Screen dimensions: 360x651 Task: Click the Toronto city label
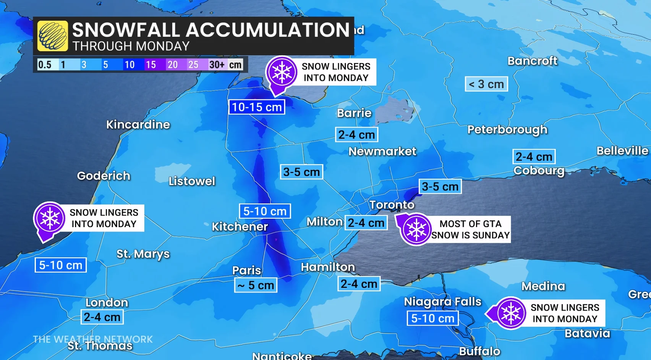392,205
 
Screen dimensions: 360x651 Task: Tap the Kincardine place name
138,124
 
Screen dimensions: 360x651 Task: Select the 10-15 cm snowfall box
257,107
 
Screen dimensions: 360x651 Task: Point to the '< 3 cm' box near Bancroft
486,84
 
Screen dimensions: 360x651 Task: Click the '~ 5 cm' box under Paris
256,285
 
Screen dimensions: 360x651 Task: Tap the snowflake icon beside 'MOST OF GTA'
416,229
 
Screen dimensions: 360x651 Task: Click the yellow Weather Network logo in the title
53,36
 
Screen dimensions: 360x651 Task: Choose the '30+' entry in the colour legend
217,65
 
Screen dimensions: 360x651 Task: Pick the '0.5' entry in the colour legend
45,65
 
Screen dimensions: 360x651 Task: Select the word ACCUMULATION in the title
268,30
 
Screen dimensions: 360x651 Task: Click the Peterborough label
507,130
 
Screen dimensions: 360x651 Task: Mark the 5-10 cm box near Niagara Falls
432,318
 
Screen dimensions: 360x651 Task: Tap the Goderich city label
104,176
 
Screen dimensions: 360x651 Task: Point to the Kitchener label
240,227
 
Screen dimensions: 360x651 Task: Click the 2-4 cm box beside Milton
366,223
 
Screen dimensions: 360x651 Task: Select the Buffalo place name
479,351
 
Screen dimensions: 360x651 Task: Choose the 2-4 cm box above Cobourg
534,157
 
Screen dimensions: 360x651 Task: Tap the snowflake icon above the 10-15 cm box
282,73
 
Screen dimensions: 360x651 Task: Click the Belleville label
622,151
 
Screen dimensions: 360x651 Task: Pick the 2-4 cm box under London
102,317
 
